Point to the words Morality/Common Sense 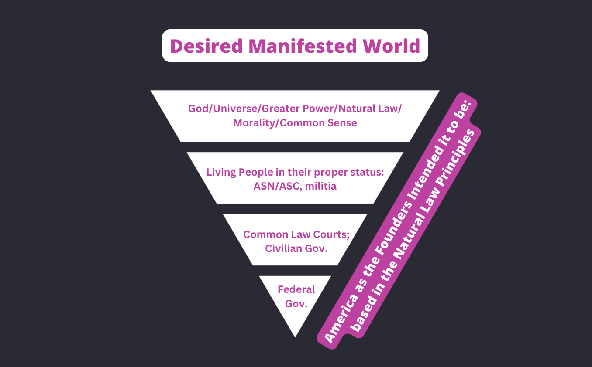295,123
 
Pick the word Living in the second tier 220,172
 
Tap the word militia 321,187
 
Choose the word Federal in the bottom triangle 296,289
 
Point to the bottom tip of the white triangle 295,336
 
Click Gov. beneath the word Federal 296,304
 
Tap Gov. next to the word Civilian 317,249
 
